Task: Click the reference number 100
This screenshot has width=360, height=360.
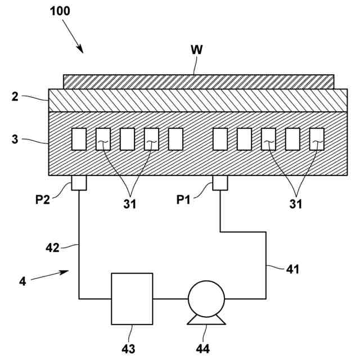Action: pos(60,11)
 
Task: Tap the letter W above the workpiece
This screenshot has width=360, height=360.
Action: pos(197,50)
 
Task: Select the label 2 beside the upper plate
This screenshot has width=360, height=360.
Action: pos(15,97)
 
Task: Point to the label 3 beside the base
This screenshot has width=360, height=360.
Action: pos(15,139)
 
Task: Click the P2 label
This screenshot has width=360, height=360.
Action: pos(43,200)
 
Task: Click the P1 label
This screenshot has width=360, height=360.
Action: pos(183,200)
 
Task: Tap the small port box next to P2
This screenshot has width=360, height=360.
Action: pos(79,183)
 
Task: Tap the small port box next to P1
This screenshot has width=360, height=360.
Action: pos(220,183)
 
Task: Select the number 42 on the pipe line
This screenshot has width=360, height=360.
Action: pos(52,248)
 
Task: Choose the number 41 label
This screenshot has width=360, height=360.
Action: pos(292,269)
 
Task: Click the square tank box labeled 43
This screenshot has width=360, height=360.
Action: pos(132,299)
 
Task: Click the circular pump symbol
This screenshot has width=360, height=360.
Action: pos(206,299)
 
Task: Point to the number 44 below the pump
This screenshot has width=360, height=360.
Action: pos(203,349)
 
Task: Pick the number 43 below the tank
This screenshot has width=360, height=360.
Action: pos(128,349)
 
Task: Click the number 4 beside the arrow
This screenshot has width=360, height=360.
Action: pos(22,281)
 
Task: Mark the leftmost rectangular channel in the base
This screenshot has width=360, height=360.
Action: pos(79,139)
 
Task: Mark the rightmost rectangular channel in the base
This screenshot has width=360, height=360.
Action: pos(317,139)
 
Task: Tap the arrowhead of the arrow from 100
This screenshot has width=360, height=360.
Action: pos(80,49)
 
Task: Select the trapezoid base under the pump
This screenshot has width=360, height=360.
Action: pos(206,320)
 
